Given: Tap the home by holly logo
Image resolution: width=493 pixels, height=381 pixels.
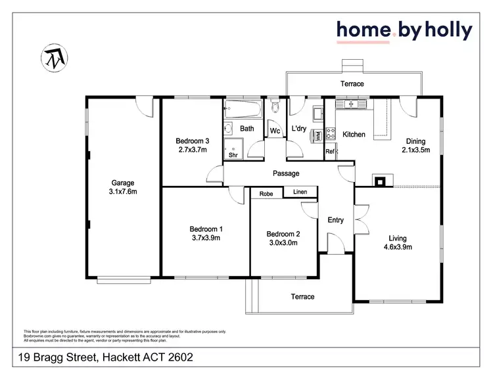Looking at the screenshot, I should (404, 30).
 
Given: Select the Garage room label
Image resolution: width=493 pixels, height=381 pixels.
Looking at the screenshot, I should (122, 183).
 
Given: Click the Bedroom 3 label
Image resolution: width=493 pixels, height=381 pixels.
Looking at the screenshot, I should (192, 141).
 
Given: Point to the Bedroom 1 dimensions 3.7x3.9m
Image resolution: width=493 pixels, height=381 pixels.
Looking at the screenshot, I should (206, 238).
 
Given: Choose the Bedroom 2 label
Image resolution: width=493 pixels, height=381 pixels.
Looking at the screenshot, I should (283, 234).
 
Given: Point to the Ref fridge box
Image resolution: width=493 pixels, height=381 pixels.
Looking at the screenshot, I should (330, 152).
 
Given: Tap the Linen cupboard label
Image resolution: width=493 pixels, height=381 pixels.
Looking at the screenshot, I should (300, 192).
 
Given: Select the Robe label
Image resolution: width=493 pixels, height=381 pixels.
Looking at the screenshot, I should (266, 194).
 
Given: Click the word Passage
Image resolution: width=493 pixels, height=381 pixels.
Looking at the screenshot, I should (286, 173).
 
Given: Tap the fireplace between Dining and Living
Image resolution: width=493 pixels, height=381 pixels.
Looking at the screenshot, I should (381, 180).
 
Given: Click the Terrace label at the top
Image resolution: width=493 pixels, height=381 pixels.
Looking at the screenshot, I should (352, 84).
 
